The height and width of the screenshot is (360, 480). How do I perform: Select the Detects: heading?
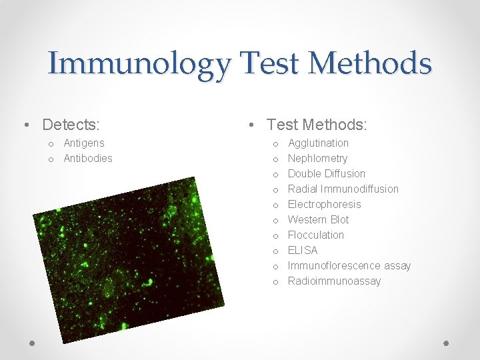71,125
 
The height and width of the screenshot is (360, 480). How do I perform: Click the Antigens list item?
84,143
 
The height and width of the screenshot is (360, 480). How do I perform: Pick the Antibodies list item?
88,158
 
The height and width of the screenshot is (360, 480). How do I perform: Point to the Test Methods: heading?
317,125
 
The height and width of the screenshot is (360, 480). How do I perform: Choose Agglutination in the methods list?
318,143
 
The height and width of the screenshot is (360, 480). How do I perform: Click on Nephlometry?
317,158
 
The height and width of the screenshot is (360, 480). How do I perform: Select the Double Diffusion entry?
326,173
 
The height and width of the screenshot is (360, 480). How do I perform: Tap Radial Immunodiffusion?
343,189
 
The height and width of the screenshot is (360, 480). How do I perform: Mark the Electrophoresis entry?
324,204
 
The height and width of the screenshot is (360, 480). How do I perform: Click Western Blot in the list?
318,219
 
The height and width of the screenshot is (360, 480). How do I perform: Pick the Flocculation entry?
315,235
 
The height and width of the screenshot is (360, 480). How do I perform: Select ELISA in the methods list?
303,250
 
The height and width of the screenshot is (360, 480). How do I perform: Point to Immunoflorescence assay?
349,265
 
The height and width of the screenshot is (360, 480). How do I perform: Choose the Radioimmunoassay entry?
334,281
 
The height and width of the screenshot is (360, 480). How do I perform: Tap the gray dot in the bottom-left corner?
33,343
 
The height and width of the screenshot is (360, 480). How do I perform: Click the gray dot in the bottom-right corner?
447,343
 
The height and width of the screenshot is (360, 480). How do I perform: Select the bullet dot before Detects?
25,125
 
